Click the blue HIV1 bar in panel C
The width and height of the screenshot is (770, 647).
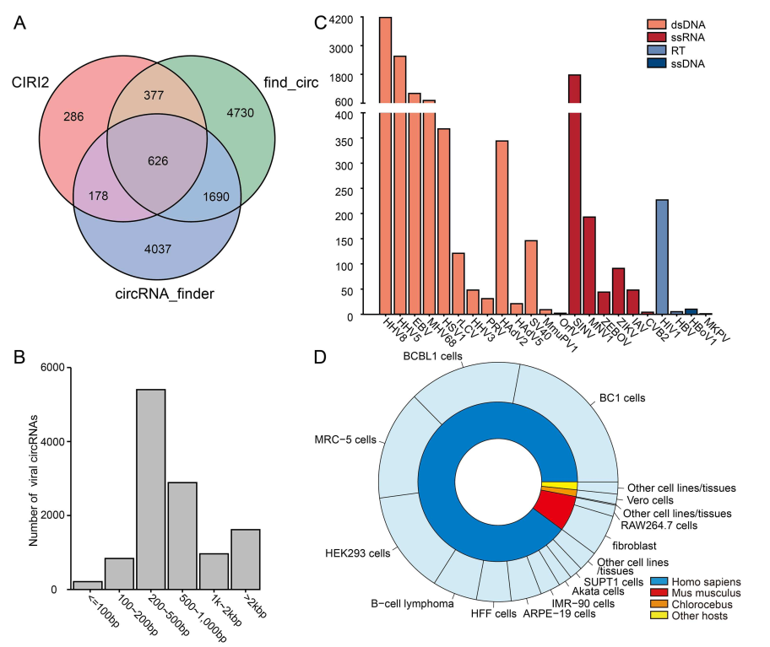pos(662,256)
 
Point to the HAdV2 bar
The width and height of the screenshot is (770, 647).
pos(502,227)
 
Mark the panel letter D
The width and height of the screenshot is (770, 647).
pos(320,357)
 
